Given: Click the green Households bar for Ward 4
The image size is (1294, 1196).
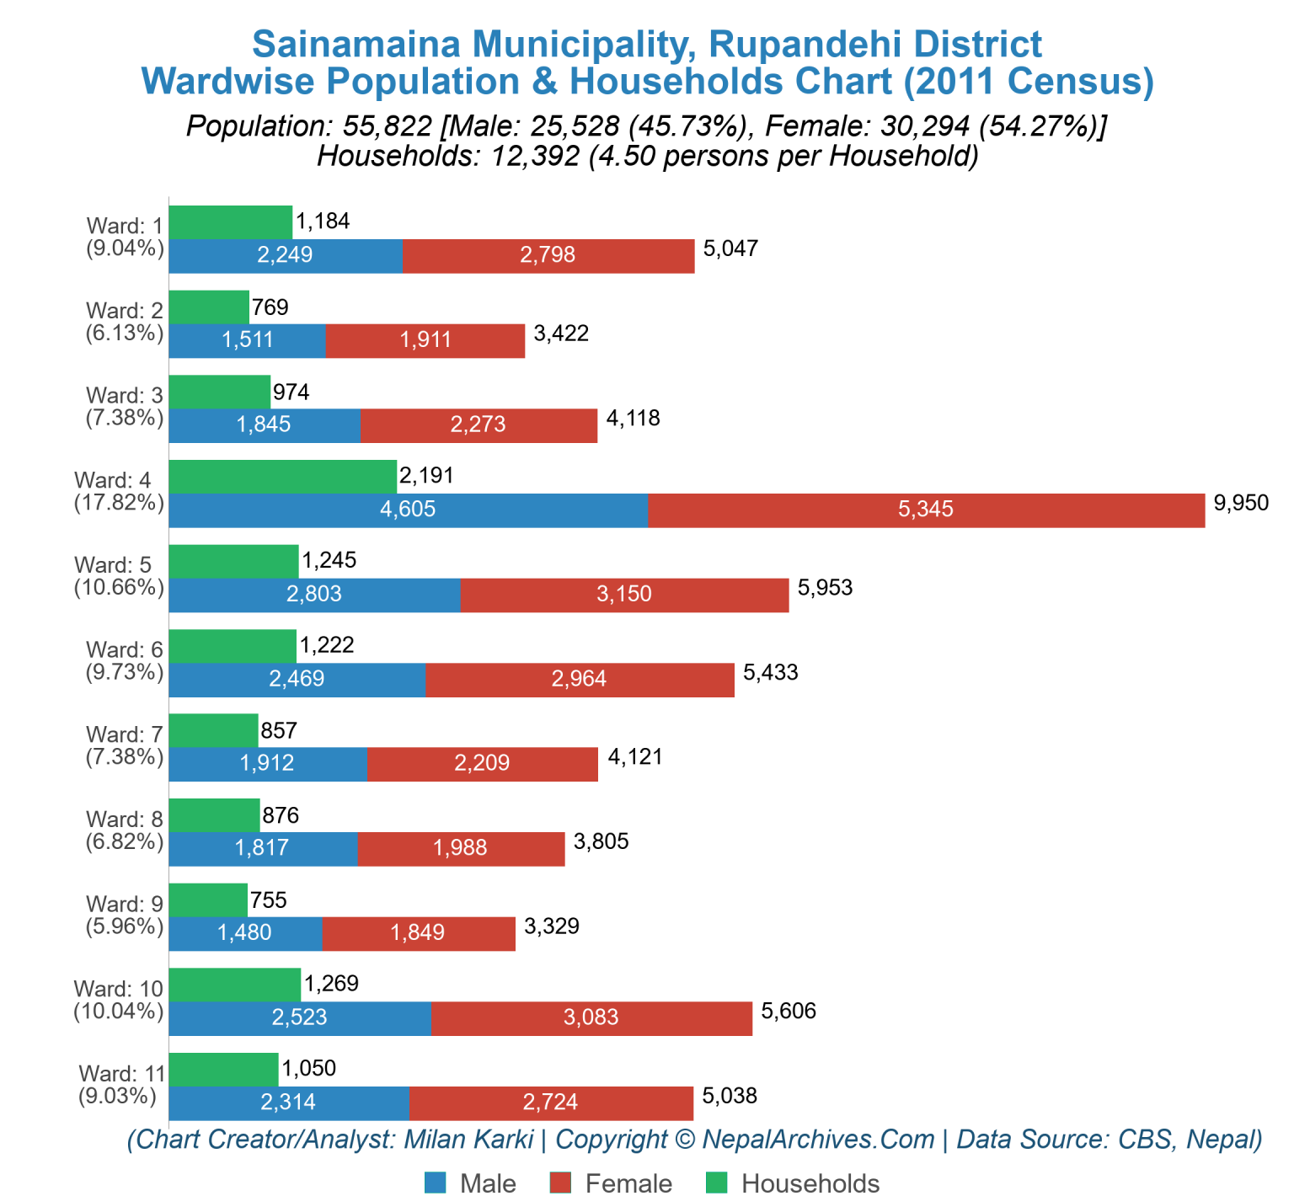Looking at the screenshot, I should click(x=282, y=477).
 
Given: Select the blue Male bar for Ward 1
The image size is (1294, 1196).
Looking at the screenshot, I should click(x=285, y=256).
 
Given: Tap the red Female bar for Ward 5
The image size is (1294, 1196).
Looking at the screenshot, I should click(x=624, y=595).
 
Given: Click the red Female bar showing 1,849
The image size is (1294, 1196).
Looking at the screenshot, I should click(x=418, y=933).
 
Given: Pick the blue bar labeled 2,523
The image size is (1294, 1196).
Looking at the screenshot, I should click(x=299, y=1018).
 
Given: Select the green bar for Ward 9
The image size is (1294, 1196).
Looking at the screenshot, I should click(x=208, y=900).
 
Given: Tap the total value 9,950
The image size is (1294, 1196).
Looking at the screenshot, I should click(x=1240, y=504).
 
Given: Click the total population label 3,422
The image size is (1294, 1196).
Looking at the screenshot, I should click(x=561, y=334).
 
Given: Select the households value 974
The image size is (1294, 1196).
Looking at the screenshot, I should click(x=291, y=392).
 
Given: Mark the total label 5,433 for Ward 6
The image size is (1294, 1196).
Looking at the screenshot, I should click(x=770, y=672).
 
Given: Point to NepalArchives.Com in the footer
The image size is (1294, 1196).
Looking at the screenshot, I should click(x=818, y=1140).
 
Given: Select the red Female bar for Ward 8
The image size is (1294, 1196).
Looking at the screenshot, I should click(x=461, y=849).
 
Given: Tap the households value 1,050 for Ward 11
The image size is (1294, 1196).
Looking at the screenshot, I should click(x=308, y=1069).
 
